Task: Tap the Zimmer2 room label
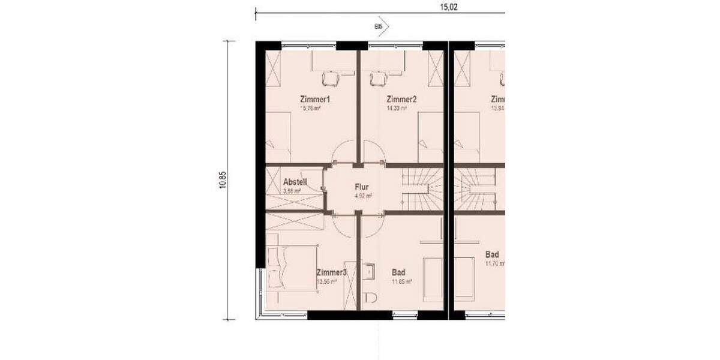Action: coord(401,99)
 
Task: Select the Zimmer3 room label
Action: coord(331,272)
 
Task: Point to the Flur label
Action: coord(361,187)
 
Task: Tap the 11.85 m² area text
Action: coord(401,281)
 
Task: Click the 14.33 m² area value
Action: coord(397,109)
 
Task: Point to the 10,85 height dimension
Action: coord(223,180)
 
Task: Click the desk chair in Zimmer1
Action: coord(331,78)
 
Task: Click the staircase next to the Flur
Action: coord(422,188)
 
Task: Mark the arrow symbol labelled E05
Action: coord(382,26)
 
